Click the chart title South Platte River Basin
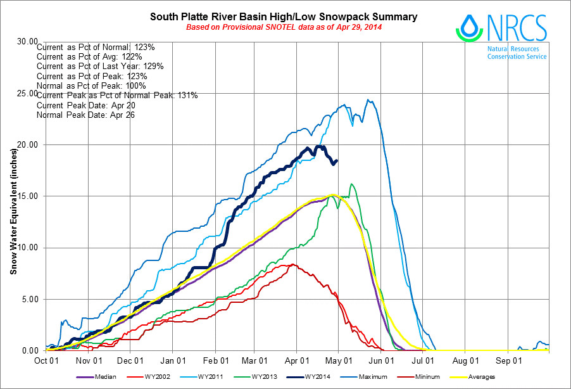283,16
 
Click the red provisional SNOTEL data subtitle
284,27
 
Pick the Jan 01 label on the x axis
173,359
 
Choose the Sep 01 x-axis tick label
508,359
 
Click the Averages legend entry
480,377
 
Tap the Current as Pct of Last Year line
101,67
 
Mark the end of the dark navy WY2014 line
337,160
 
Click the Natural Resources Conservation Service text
517,53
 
